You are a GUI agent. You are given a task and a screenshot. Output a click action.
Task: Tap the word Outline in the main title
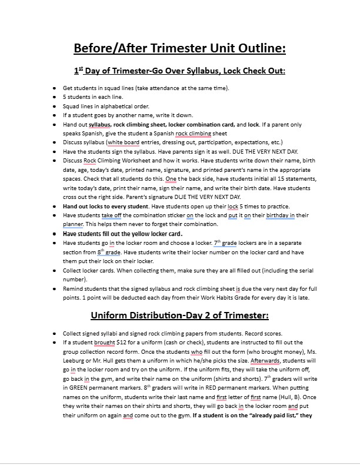pyautogui.click(x=260, y=47)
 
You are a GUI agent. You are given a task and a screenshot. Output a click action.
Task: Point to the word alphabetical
pyautogui.click(x=116, y=106)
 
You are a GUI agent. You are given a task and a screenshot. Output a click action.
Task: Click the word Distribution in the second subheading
pyautogui.click(x=166, y=315)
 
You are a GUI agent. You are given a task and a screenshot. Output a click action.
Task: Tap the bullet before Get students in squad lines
pyautogui.click(x=55, y=88)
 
